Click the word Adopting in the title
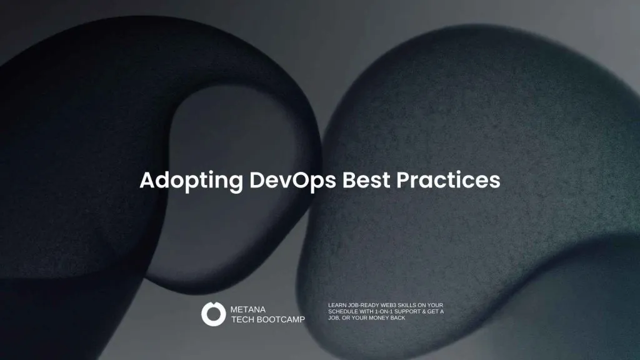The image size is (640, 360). [x=191, y=181]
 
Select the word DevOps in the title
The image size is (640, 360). [x=292, y=180]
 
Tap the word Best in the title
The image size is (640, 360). [x=366, y=179]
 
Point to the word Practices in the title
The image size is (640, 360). [x=448, y=179]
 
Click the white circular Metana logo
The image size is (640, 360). [x=214, y=314]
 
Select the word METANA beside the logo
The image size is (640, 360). [x=247, y=309]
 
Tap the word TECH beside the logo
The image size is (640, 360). [x=242, y=319]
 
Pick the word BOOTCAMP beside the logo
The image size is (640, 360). [x=281, y=319]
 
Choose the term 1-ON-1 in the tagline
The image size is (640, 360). [x=384, y=311]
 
